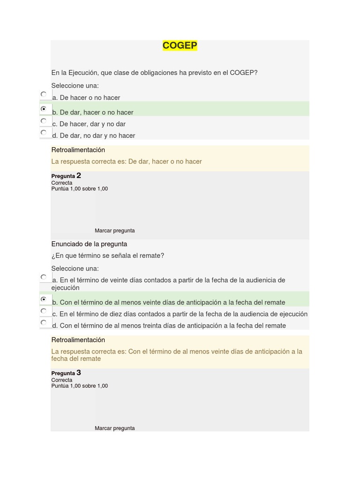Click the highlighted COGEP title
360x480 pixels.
(x=180, y=45)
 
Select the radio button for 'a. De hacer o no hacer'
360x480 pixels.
(x=44, y=94)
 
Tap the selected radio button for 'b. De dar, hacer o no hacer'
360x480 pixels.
(x=44, y=109)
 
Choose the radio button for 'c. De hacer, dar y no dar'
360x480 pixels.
(x=44, y=120)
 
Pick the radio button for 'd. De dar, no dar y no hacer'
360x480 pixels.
(x=44, y=132)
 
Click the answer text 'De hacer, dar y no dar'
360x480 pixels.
(x=92, y=124)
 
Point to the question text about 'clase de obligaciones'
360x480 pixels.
(x=154, y=73)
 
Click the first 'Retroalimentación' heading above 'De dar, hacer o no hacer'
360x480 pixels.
(x=78, y=150)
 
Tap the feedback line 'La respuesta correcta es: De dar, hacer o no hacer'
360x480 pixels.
(x=127, y=162)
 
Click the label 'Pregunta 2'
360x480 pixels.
(x=66, y=176)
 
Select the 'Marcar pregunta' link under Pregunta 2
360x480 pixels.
(x=115, y=231)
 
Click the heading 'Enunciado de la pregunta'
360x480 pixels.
(x=89, y=244)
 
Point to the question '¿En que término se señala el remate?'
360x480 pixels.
(x=108, y=256)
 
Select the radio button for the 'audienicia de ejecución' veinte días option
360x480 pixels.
(x=44, y=277)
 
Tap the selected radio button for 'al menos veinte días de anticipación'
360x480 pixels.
(x=44, y=299)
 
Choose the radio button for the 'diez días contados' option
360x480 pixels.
(x=44, y=311)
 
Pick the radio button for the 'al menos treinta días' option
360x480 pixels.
(x=44, y=322)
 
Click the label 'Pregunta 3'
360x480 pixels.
(x=66, y=373)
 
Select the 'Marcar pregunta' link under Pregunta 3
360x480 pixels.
(x=115, y=428)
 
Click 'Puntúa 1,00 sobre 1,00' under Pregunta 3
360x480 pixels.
(x=80, y=386)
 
